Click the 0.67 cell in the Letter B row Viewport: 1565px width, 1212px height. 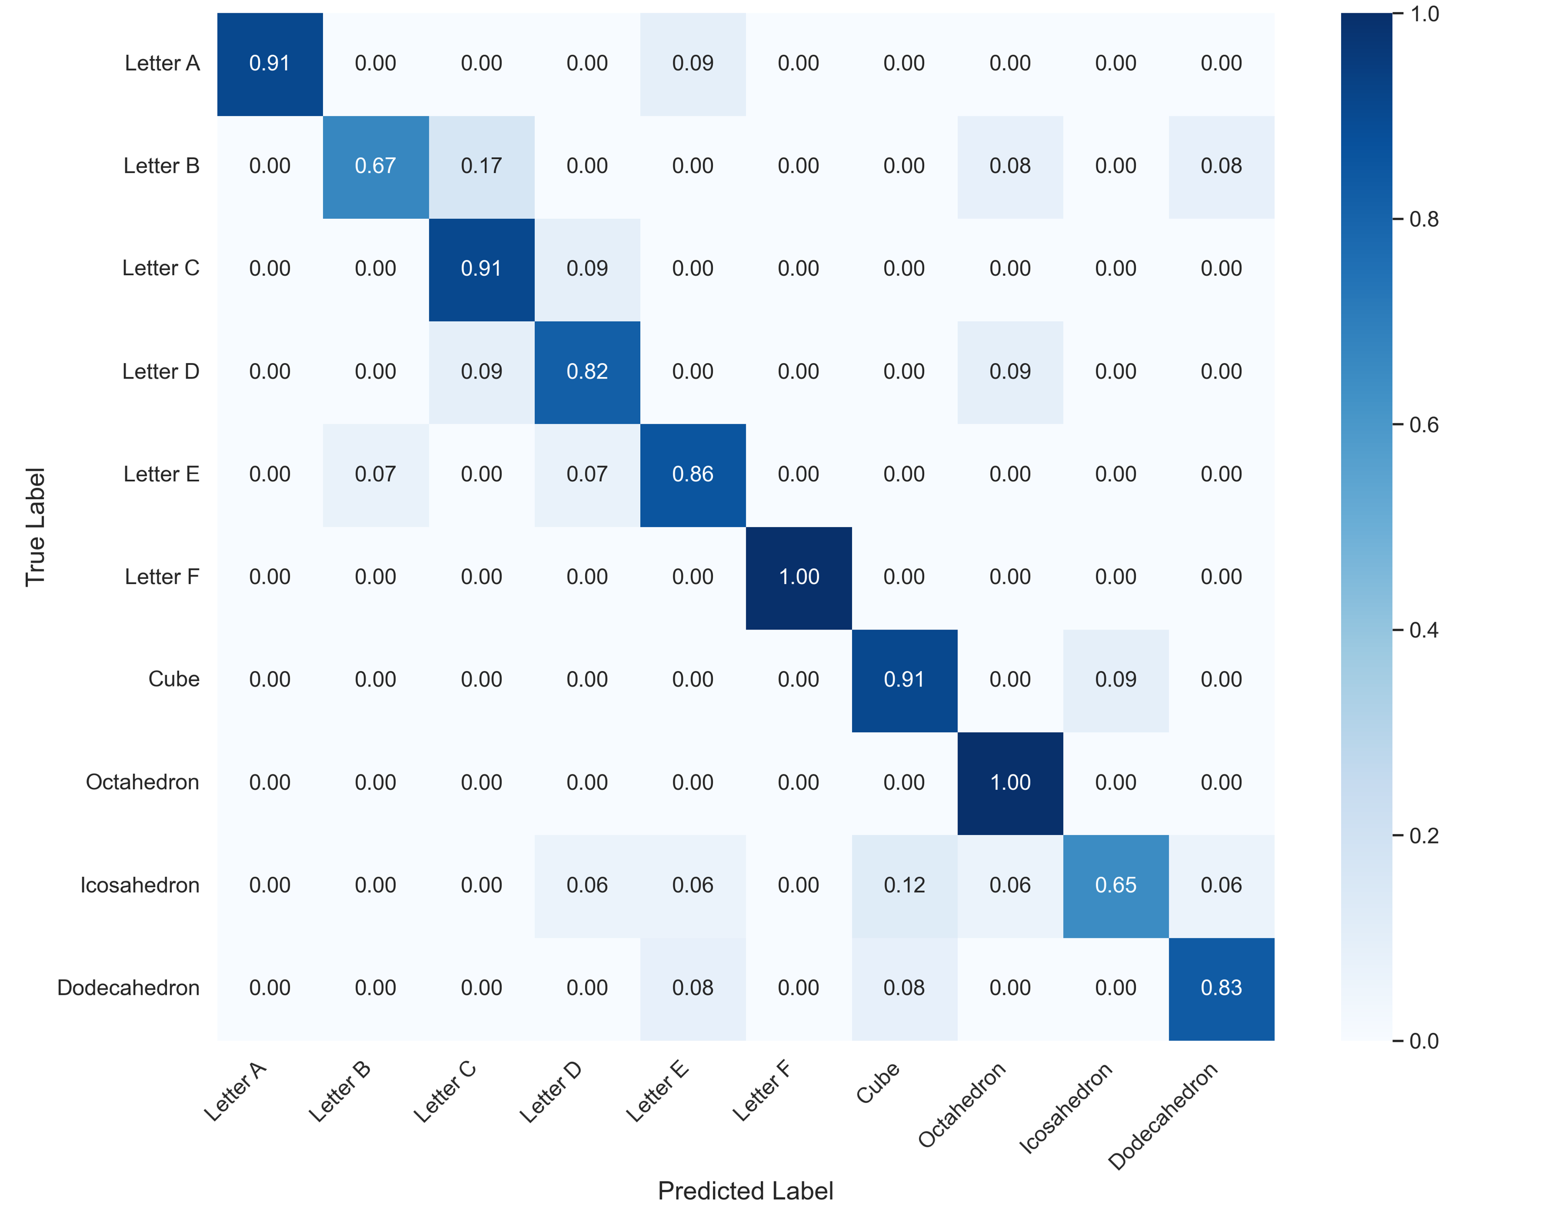click(x=376, y=166)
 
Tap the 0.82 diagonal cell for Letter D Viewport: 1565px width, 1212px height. click(x=587, y=371)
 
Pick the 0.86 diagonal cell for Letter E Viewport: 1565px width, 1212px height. click(x=692, y=474)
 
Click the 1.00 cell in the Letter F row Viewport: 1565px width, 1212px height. click(x=798, y=577)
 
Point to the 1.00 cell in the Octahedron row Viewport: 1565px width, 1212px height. click(x=1010, y=783)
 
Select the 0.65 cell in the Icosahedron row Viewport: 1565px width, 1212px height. click(x=1115, y=885)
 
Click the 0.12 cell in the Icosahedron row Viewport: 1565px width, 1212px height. click(x=904, y=885)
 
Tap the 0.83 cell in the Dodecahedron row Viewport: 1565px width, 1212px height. click(x=1221, y=987)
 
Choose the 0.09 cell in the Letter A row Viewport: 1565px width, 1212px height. click(x=692, y=63)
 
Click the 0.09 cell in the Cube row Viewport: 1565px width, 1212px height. click(x=1115, y=680)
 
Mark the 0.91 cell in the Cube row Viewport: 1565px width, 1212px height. click(x=904, y=680)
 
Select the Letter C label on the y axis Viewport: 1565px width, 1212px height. click(x=161, y=268)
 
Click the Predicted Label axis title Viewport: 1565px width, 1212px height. click(x=745, y=1190)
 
